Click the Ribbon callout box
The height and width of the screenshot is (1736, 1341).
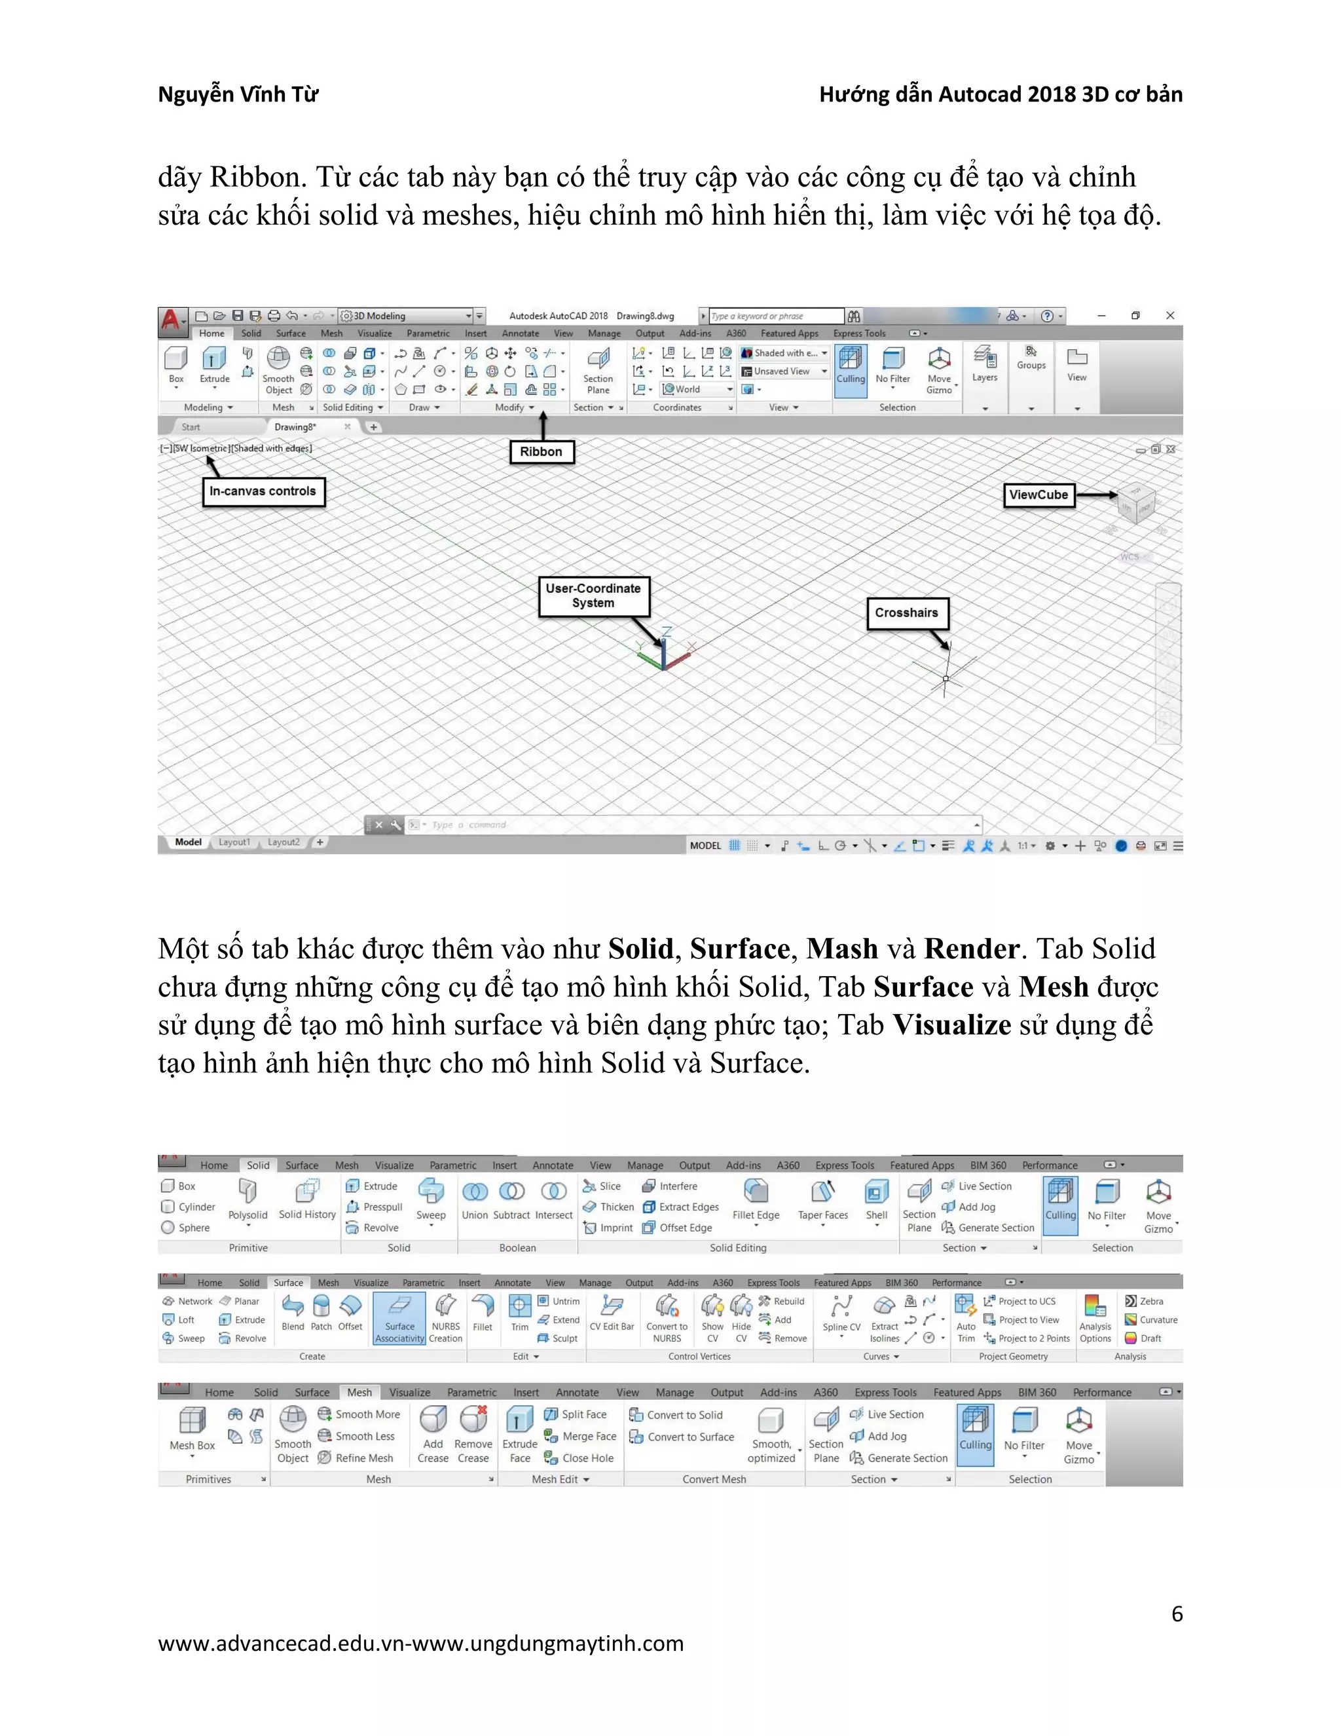tap(541, 451)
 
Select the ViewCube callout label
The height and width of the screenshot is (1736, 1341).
tap(1038, 495)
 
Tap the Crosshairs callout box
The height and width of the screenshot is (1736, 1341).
tap(906, 613)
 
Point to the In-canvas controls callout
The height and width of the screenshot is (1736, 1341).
tap(263, 491)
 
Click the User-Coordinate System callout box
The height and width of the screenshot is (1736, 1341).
tap(593, 595)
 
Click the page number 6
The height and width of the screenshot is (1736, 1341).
tap(1177, 1614)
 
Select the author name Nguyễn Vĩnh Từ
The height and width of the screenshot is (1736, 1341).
tap(238, 94)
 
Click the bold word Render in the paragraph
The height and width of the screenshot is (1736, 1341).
tap(972, 949)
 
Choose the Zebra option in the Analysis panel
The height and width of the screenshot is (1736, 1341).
tap(1144, 1301)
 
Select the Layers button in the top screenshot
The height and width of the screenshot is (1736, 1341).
tap(985, 364)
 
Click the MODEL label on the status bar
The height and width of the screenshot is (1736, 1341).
tap(705, 846)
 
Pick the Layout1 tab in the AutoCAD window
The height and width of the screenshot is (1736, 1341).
tap(234, 842)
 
